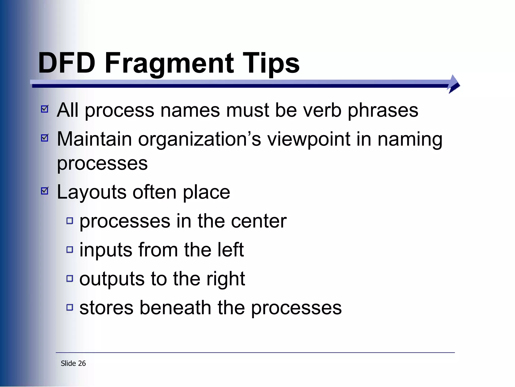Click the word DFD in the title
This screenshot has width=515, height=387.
pyautogui.click(x=67, y=63)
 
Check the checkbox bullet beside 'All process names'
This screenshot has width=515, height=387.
pyautogui.click(x=45, y=109)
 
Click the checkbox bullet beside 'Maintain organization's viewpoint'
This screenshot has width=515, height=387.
pyautogui.click(x=45, y=138)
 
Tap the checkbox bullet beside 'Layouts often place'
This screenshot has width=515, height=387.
pyautogui.click(x=45, y=191)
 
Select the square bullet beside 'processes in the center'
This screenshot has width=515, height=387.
pyautogui.click(x=70, y=221)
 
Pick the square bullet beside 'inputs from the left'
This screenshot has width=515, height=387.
pyautogui.click(x=70, y=249)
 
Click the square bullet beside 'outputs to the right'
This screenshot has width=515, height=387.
pyautogui.click(x=70, y=278)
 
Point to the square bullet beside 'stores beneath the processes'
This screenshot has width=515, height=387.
pyautogui.click(x=70, y=307)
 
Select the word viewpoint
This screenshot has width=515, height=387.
pyautogui.click(x=309, y=139)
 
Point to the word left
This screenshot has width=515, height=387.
pyautogui.click(x=231, y=250)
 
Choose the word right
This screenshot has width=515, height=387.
pyautogui.click(x=226, y=279)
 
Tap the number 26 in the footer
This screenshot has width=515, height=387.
pyautogui.click(x=82, y=363)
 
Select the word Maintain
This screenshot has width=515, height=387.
pyautogui.click(x=94, y=139)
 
